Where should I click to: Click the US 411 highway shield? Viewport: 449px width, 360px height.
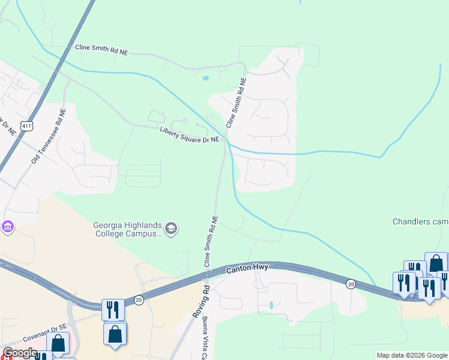[25, 126]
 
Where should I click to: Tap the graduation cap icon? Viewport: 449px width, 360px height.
[171, 229]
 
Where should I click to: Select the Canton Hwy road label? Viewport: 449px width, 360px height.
[247, 270]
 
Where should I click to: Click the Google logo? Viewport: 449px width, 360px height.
[19, 353]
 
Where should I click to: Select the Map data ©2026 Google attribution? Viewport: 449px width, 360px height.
[412, 355]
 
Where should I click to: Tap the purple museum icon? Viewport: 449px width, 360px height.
[8, 227]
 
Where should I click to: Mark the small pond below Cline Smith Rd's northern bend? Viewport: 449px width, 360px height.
[206, 78]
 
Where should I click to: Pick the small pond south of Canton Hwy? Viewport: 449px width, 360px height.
[271, 305]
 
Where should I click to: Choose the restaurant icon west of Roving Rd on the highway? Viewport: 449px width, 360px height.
[112, 309]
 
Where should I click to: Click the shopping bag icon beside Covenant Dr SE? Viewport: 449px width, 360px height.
[58, 343]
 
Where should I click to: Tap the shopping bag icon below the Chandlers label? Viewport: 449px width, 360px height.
[436, 263]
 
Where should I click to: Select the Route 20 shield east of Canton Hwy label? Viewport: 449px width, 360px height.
[349, 282]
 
